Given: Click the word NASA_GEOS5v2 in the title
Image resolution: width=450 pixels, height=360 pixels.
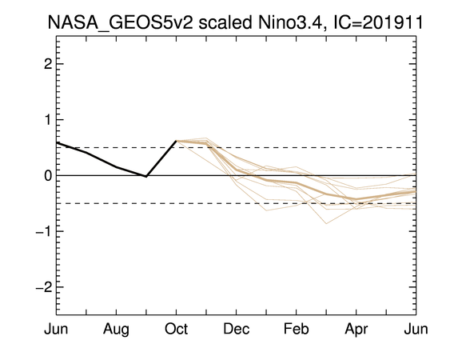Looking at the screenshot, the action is click(120, 22).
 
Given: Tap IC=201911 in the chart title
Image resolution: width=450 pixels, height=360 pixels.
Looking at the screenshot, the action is click(378, 22).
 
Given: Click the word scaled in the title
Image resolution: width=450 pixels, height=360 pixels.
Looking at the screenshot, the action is click(225, 22).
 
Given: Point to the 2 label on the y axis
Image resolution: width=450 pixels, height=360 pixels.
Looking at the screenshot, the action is click(48, 64).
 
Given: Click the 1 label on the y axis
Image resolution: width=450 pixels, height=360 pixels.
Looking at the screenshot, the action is click(48, 120).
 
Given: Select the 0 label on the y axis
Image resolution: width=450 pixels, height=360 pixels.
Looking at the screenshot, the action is click(48, 175).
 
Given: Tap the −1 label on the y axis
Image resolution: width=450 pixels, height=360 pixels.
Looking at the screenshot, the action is click(44, 231).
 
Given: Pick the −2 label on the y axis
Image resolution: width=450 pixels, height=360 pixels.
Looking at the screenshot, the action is click(44, 287).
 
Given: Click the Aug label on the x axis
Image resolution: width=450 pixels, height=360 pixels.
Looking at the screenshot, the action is click(116, 330).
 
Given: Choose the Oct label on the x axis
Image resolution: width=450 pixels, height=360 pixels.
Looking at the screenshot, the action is click(176, 329).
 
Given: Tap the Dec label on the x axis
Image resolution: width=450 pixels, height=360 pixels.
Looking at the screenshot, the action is click(237, 329).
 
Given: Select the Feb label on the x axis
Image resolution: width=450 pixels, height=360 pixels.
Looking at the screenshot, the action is click(297, 329).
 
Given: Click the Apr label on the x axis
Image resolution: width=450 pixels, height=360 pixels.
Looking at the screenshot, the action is click(356, 330).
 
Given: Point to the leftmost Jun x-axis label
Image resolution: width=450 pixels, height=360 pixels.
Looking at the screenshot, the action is click(56, 329).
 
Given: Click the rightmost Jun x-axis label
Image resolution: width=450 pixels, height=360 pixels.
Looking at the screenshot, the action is click(416, 329).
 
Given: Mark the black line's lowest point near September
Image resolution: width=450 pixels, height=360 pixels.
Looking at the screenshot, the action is click(146, 176).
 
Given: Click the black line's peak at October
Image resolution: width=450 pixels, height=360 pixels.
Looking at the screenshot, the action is click(176, 141).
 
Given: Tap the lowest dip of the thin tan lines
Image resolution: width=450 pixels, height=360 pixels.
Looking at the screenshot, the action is click(326, 223).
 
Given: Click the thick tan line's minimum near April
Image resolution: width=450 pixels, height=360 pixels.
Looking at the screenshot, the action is click(356, 199).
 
